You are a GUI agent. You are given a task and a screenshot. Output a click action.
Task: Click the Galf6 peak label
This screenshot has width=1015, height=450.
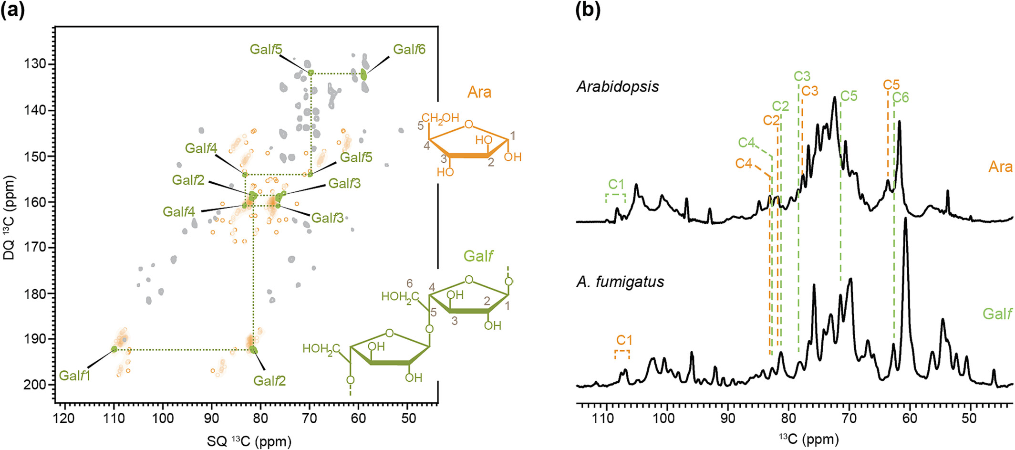(x=409, y=49)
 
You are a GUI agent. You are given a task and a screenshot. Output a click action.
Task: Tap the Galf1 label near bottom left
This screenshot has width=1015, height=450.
(x=74, y=376)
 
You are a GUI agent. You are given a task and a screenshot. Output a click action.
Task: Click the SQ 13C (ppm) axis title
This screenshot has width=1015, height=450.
(x=249, y=441)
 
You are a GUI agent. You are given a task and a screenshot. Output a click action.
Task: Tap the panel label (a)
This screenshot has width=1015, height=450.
(x=13, y=10)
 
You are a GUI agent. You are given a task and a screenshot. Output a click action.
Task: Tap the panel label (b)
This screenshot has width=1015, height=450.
(x=588, y=10)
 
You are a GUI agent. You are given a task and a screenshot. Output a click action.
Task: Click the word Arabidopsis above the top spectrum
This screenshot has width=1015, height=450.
(x=618, y=86)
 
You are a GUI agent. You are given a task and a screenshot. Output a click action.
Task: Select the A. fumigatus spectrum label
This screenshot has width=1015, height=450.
(x=620, y=282)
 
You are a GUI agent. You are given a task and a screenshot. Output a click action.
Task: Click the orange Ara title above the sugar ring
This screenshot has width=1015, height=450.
(x=479, y=92)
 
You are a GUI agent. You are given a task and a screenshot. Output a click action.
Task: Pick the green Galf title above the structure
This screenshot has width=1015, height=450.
(x=478, y=256)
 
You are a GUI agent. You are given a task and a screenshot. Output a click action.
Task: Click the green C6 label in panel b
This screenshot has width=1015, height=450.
(x=901, y=97)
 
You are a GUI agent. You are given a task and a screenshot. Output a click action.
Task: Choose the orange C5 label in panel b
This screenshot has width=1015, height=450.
(x=891, y=84)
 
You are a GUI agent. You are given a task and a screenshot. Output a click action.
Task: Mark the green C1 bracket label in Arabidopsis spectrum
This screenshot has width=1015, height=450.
(x=616, y=184)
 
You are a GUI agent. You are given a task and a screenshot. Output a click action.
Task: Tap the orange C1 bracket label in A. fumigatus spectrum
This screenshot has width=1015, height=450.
(x=624, y=340)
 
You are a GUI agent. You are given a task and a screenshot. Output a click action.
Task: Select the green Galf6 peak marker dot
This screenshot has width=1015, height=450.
(x=363, y=74)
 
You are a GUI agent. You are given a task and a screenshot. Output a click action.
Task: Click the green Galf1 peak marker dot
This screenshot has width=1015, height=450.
(x=114, y=349)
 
